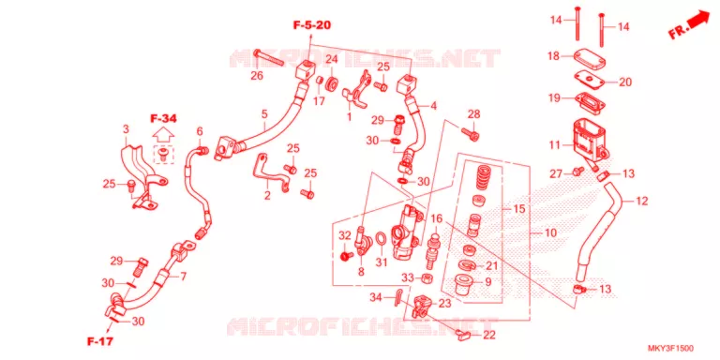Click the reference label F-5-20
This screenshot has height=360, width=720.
[312, 25]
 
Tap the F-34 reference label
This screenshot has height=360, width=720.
[163, 119]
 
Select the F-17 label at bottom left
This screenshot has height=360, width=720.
[100, 341]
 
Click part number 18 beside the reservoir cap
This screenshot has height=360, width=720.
[553, 56]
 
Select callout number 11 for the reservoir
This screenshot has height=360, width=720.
[555, 145]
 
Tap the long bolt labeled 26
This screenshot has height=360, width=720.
[269, 56]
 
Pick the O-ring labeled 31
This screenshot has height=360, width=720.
[382, 239]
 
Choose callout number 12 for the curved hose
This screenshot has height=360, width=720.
[642, 202]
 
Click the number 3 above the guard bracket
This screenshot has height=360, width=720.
[126, 130]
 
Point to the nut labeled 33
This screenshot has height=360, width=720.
[426, 277]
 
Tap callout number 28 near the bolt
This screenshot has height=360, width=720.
[473, 113]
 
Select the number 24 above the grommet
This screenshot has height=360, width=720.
[332, 59]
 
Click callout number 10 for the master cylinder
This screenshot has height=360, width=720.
[550, 232]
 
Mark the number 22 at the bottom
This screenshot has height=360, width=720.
[489, 336]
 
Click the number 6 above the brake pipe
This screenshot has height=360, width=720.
[200, 132]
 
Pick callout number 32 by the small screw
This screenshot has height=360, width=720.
[345, 236]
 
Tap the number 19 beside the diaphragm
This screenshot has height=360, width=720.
[553, 97]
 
